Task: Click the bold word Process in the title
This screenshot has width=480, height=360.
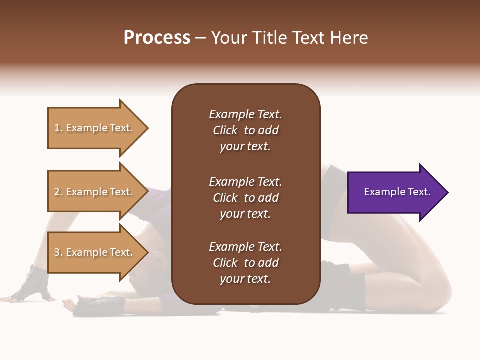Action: tap(157, 37)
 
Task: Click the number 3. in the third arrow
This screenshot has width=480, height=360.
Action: tap(58, 252)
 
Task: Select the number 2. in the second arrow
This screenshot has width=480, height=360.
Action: tap(58, 192)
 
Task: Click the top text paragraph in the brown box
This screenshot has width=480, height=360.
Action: tap(245, 130)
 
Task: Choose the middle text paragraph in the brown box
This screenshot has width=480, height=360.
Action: tap(245, 198)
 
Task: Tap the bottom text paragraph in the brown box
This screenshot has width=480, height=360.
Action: tap(245, 263)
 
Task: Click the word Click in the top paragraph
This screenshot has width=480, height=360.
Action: tap(225, 130)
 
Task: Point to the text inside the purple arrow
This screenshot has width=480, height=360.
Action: tap(397, 192)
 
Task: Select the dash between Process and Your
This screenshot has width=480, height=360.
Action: tap(201, 38)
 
